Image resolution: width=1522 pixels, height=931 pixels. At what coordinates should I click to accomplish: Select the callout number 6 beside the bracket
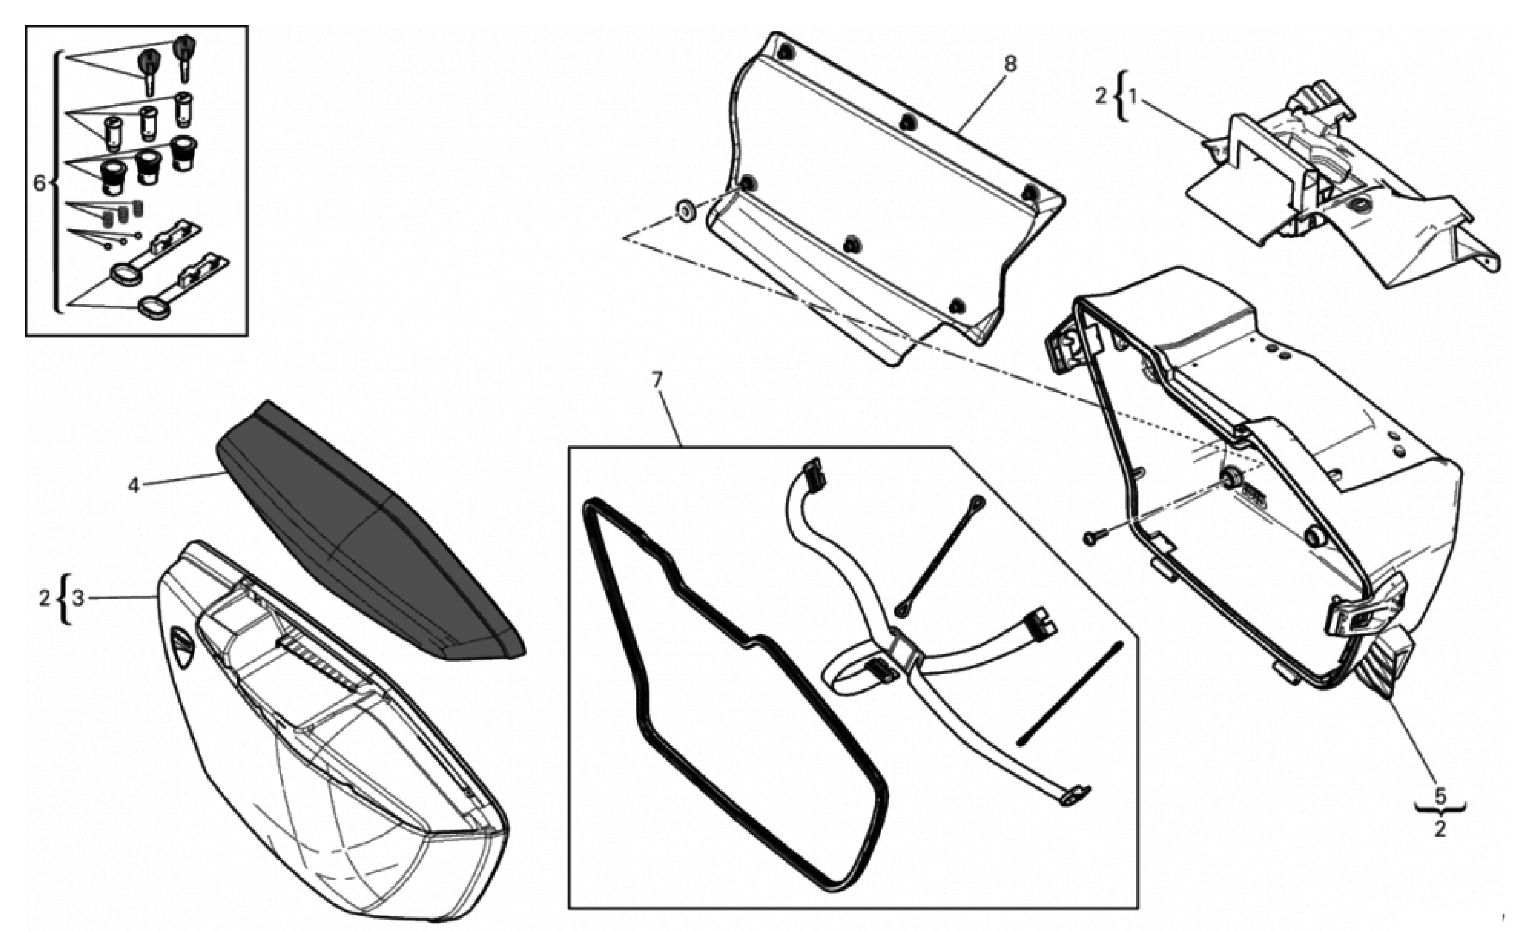pos(39,183)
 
